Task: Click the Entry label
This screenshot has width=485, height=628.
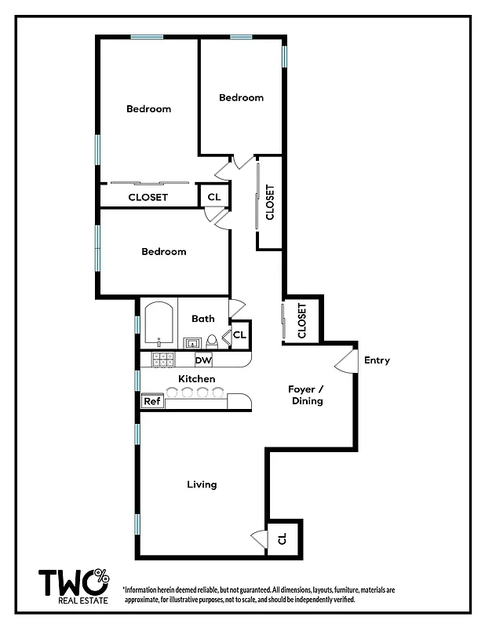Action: pyautogui.click(x=377, y=360)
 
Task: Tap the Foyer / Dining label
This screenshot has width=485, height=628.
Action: pyautogui.click(x=307, y=394)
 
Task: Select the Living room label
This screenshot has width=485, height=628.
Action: pyautogui.click(x=202, y=484)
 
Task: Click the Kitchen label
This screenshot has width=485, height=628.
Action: pyautogui.click(x=196, y=379)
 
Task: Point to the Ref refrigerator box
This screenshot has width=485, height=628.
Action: pyautogui.click(x=151, y=401)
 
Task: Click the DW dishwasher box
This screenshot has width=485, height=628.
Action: pyautogui.click(x=203, y=360)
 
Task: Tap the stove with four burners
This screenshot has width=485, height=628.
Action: pyautogui.click(x=162, y=360)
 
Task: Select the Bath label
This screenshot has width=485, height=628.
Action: pyautogui.click(x=203, y=319)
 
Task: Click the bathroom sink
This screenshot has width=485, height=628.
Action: pyautogui.click(x=191, y=341)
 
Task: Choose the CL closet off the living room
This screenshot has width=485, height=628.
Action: pyautogui.click(x=283, y=539)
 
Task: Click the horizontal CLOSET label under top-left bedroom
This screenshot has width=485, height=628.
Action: pyautogui.click(x=148, y=197)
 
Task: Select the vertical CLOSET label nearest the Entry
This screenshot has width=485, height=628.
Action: pyautogui.click(x=302, y=320)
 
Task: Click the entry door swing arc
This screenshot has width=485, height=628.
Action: pyautogui.click(x=343, y=360)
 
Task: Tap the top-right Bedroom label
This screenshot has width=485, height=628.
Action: pyautogui.click(x=241, y=97)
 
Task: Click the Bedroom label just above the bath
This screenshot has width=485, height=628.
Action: pyautogui.click(x=164, y=251)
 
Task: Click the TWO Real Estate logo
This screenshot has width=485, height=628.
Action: pyautogui.click(x=75, y=585)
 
